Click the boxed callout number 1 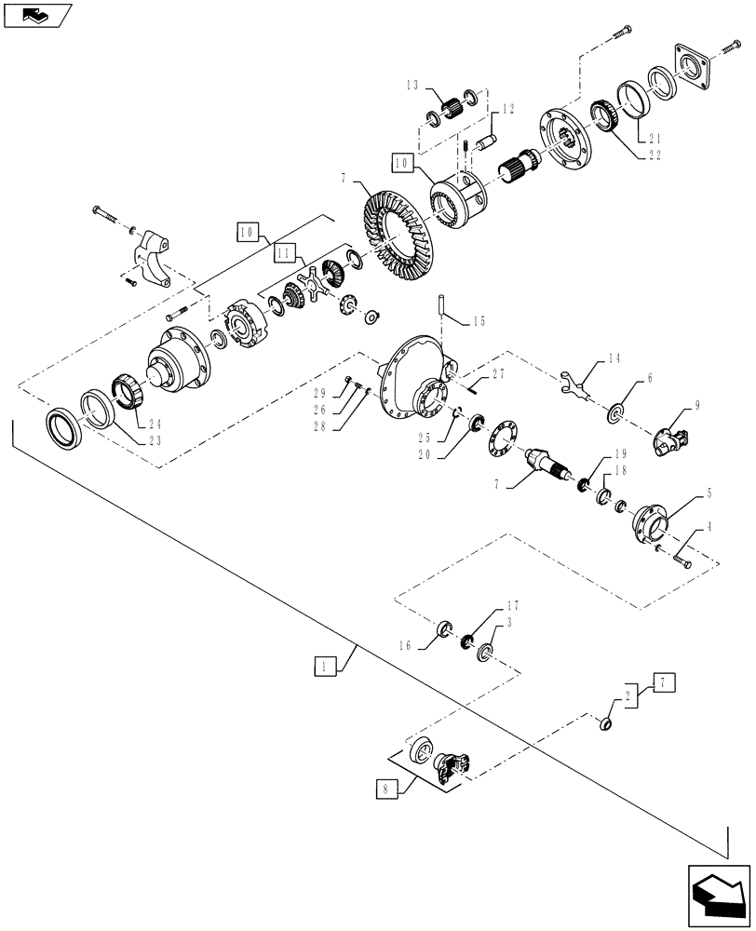323,667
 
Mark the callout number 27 499,372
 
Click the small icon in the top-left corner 35,13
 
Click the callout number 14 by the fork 614,358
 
